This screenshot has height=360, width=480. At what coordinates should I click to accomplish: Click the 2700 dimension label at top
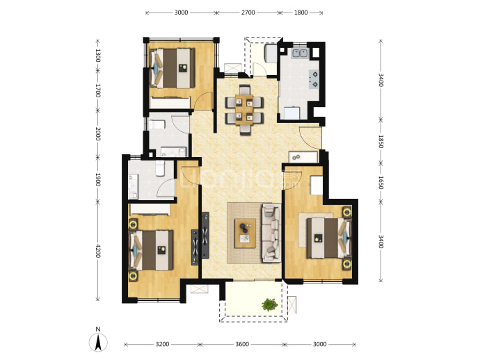pyautogui.click(x=248, y=13)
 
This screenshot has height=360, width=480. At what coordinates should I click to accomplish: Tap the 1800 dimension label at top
pyautogui.click(x=301, y=13)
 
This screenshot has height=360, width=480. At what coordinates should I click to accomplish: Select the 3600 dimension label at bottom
pyautogui.click(x=242, y=345)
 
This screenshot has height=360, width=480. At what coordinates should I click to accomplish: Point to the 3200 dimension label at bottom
pyautogui.click(x=162, y=345)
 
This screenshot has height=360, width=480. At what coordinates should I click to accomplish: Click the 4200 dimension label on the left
pyautogui.click(x=98, y=251)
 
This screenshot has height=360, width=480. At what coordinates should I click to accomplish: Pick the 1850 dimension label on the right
pyautogui.click(x=381, y=142)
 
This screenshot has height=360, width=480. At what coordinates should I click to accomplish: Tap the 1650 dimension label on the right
pyautogui.click(x=381, y=183)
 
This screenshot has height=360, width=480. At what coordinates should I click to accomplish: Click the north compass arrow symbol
pyautogui.click(x=98, y=342)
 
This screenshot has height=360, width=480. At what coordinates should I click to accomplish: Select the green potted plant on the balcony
pyautogui.click(x=270, y=304)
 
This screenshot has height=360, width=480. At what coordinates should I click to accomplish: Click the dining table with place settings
pyautogui.click(x=244, y=110)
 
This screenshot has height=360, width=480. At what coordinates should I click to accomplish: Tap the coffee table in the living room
pyautogui.click(x=245, y=234)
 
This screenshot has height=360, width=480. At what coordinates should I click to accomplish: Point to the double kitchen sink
pyautogui.click(x=300, y=54)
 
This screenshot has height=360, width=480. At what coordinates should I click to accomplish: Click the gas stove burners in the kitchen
pyautogui.click(x=314, y=79)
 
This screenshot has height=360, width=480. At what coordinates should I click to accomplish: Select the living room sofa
pyautogui.click(x=271, y=233)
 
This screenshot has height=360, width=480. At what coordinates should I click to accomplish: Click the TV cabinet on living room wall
pyautogui.click(x=205, y=235)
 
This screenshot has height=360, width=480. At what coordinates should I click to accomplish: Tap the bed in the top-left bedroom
pyautogui.click(x=172, y=68)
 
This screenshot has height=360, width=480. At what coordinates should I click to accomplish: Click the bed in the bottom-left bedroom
pyautogui.click(x=151, y=250)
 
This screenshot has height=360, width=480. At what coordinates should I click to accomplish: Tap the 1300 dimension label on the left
pyautogui.click(x=98, y=56)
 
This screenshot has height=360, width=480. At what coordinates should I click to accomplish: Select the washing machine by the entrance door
pyautogui.click(x=303, y=157)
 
